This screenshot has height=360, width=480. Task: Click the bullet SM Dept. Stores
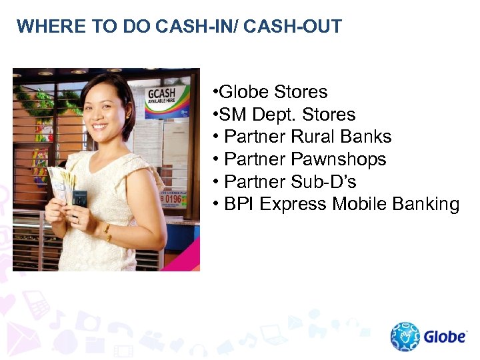pyautogui.click(x=283, y=115)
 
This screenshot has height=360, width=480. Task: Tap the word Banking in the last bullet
pyautogui.click(x=427, y=204)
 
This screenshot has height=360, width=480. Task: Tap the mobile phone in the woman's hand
pyautogui.click(x=79, y=199)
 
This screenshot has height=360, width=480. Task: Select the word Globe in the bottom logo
pyautogui.click(x=445, y=337)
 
